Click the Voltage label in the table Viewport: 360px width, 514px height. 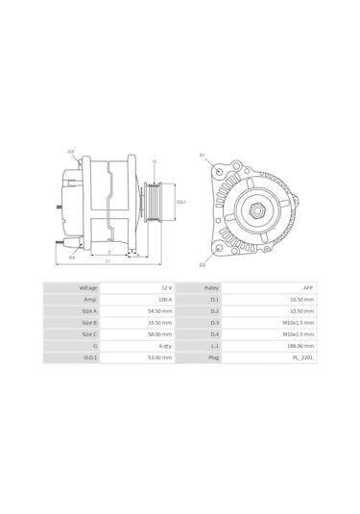click(x=87, y=287)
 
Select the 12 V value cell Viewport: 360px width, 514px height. click(x=166, y=287)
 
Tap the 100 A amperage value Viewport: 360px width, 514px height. click(x=165, y=299)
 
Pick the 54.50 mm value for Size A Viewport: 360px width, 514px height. click(x=160, y=310)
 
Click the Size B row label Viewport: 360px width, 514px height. click(x=88, y=322)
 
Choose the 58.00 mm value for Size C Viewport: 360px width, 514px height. click(x=160, y=333)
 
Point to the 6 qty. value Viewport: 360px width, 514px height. click(x=165, y=345)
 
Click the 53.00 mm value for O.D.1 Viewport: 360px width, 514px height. click(x=160, y=356)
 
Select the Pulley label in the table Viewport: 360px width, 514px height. click(x=212, y=287)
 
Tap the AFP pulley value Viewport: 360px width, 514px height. click(x=307, y=287)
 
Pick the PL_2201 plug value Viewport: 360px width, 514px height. click(x=303, y=356)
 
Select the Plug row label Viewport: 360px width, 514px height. click(x=214, y=356)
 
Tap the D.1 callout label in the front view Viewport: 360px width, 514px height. click(x=203, y=155)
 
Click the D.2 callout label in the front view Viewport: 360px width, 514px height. click(x=203, y=264)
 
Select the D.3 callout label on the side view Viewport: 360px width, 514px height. click(x=71, y=152)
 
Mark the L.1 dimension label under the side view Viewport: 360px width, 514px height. click(x=107, y=260)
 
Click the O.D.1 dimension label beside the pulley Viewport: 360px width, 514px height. click(x=180, y=202)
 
